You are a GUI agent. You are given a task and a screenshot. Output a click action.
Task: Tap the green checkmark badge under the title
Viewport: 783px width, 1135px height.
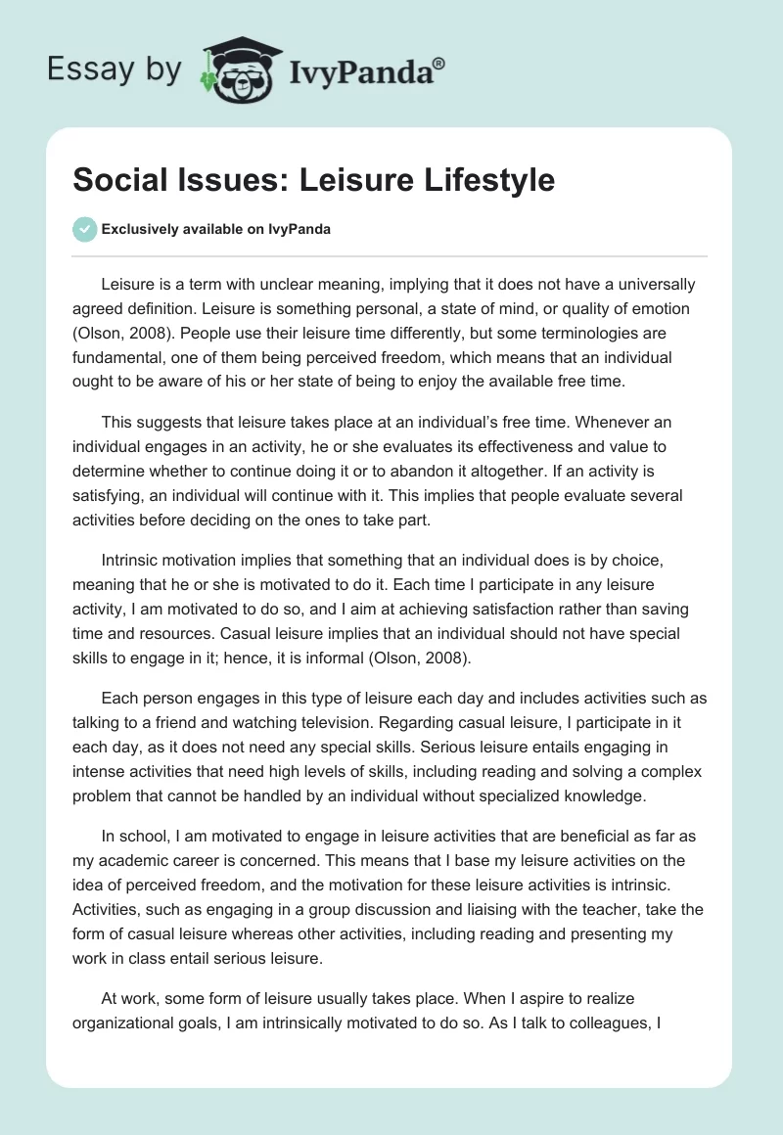click(x=84, y=229)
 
